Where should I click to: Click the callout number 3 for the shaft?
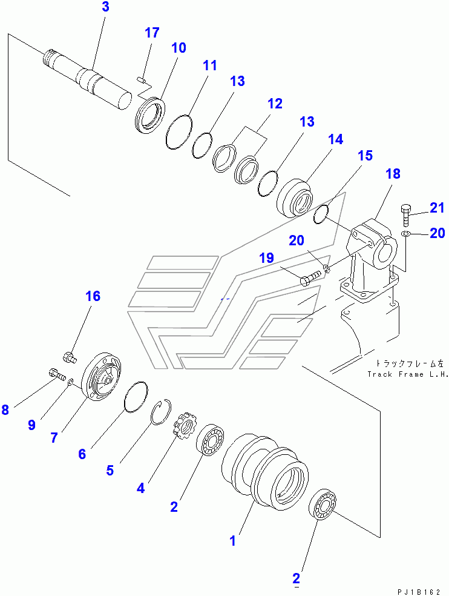106,7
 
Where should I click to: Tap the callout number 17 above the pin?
152,33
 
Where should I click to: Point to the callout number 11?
209,65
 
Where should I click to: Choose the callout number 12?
275,104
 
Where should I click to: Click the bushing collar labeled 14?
295,198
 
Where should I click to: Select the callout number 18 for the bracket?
393,173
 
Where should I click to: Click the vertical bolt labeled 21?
405,215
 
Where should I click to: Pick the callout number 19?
267,257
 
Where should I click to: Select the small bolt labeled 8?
57,373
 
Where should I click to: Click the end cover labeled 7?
102,376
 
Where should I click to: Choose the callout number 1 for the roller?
233,540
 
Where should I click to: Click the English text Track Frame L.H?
408,374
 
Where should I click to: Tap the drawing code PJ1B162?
419,592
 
